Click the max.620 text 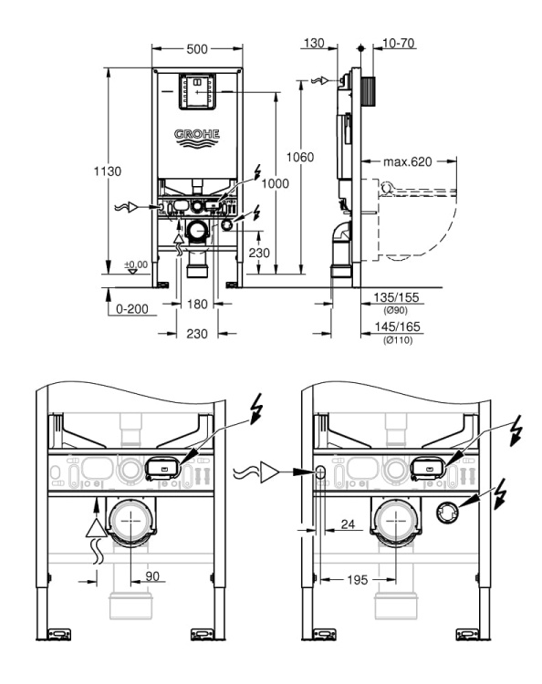click(x=407, y=162)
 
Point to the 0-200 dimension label click(x=132, y=310)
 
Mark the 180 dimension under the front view click(x=197, y=303)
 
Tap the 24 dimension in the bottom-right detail click(x=349, y=525)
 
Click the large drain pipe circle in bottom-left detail click(x=131, y=522)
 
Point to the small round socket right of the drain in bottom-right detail click(x=448, y=511)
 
